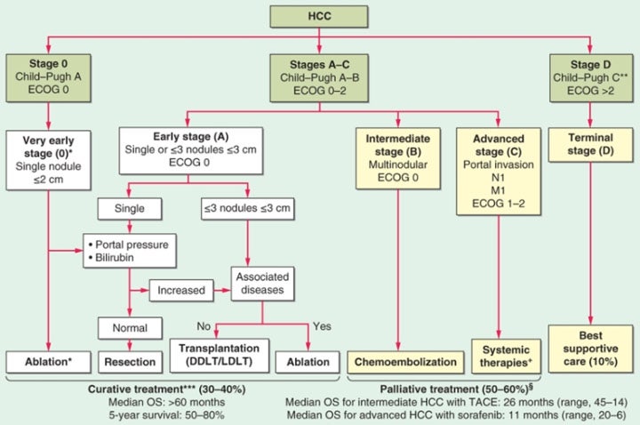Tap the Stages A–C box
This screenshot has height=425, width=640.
[x=319, y=76]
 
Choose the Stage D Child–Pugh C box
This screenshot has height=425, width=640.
[x=590, y=76]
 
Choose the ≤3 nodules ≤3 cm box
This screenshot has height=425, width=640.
[x=260, y=209]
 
